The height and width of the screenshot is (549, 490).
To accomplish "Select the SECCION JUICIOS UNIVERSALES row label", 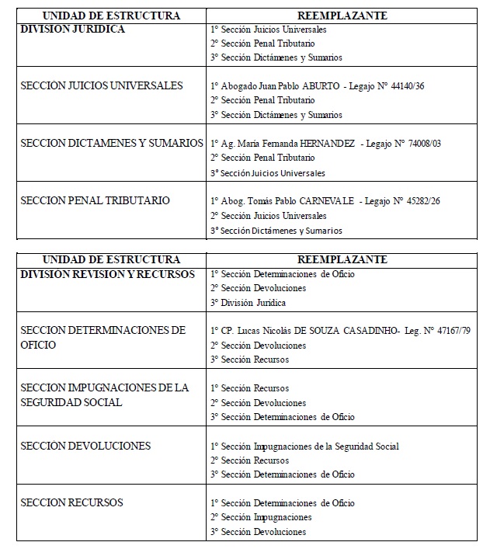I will tap(102, 85).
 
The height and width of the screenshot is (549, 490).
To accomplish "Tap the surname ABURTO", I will tap(317, 86).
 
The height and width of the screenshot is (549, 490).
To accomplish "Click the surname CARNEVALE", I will tap(325, 201).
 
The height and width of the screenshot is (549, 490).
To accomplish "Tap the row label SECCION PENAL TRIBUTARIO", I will tap(95, 201).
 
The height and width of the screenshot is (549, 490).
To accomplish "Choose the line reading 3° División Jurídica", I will tap(248, 302).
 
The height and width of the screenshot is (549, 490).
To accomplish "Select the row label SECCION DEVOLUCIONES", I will tap(85, 446).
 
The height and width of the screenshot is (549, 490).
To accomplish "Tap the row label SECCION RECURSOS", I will tap(71, 502).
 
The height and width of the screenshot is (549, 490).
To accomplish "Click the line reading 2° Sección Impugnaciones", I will tap(261, 517).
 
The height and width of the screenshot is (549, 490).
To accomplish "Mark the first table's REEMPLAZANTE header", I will tap(342, 16).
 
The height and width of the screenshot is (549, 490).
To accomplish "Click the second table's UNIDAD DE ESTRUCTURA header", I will tap(110, 259).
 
